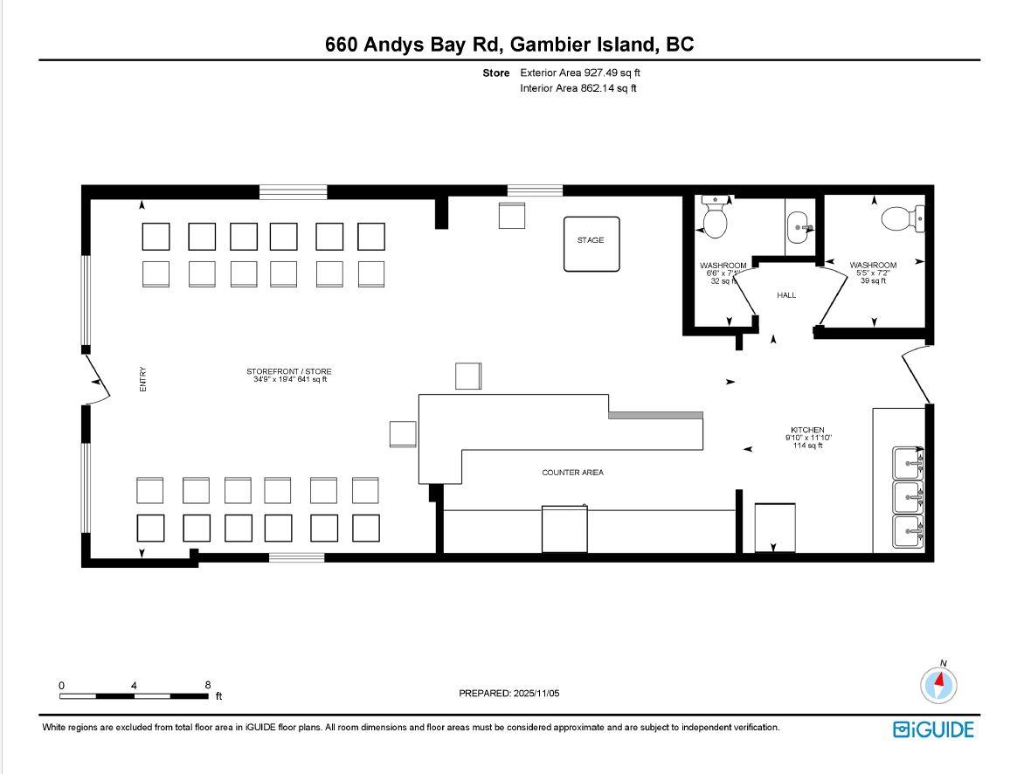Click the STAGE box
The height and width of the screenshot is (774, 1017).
point(591,244)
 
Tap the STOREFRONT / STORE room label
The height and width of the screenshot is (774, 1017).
point(288,371)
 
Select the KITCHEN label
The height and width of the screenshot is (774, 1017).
point(807,430)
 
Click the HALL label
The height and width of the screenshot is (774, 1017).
point(786,295)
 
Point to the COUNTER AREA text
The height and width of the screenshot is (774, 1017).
point(572,473)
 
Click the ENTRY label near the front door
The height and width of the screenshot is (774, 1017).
point(142,379)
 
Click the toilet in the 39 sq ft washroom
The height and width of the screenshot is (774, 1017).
point(903,218)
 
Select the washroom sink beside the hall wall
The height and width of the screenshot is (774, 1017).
point(800,227)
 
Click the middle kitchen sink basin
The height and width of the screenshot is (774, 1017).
point(908,497)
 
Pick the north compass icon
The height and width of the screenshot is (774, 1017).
point(938,683)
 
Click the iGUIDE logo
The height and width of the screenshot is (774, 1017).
point(933,729)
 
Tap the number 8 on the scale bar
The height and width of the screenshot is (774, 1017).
point(208,685)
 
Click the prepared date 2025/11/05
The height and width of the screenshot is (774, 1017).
point(536,693)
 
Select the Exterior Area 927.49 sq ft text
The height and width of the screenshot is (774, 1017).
point(580,73)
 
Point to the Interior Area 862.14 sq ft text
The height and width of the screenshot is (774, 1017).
point(578,88)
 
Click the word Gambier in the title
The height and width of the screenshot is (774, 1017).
point(559,44)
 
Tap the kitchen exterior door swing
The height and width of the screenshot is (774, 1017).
point(915,375)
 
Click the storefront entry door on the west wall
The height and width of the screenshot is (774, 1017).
point(97,379)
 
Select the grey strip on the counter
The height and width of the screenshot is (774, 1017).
point(656,416)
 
